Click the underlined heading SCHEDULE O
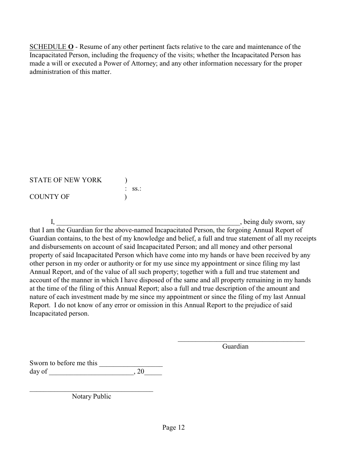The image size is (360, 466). [52, 47]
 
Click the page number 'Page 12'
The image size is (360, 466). [174, 427]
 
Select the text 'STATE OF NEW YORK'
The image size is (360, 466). [66, 180]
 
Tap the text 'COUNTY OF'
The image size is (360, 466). [49, 197]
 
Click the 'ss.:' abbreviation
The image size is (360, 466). [136, 189]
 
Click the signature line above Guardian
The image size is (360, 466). [241, 341]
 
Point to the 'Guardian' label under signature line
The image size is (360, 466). [235, 346]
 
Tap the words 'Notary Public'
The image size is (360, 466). [91, 396]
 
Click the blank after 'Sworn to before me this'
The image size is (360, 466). [131, 364]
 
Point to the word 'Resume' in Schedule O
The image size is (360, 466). [90, 47]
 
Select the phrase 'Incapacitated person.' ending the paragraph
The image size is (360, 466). [59, 314]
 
